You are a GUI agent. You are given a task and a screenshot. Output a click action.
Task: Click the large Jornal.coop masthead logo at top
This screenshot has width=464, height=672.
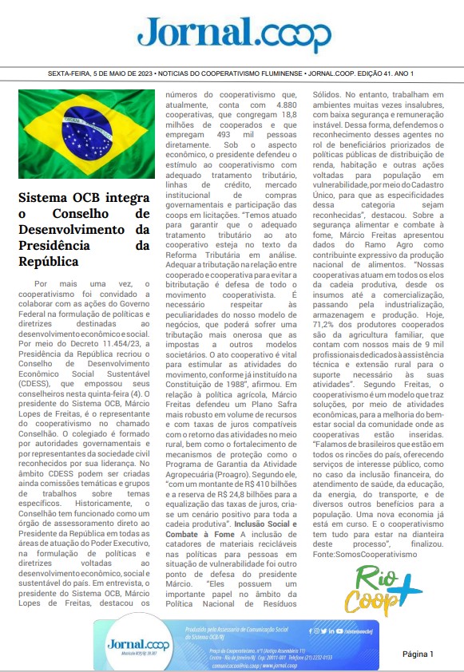pos(232,34)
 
